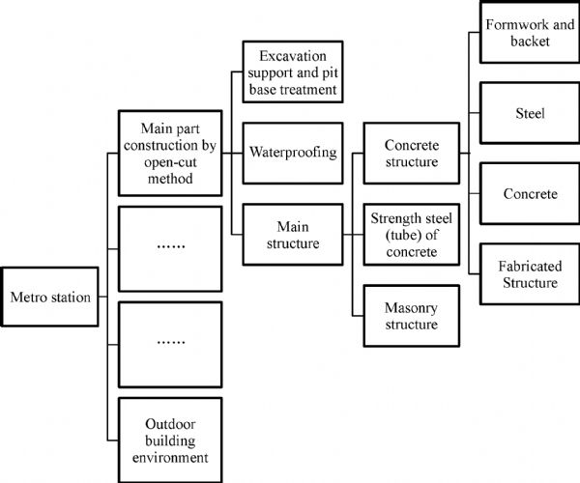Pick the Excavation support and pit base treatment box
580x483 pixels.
[290, 72]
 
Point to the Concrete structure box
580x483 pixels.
[411, 153]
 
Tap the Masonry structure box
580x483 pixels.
[411, 315]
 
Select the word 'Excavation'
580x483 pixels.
[290, 55]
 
